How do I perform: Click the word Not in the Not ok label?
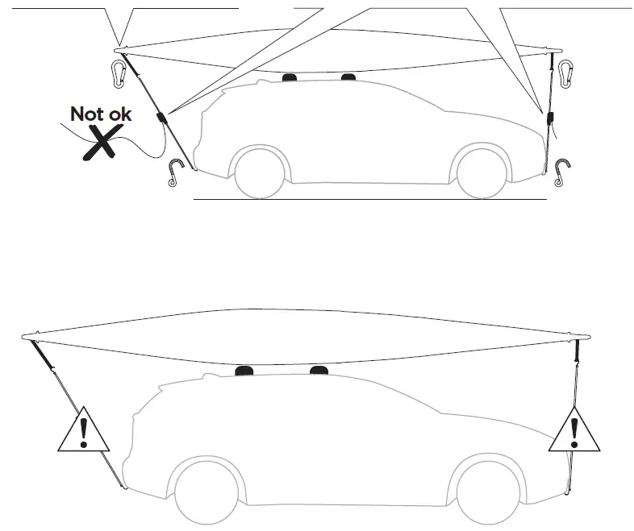(x=86, y=114)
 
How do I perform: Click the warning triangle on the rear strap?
(x=82, y=429)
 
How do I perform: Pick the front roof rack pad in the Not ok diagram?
(x=348, y=77)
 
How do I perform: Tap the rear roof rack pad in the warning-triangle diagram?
(x=244, y=371)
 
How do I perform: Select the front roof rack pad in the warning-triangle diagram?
(x=319, y=371)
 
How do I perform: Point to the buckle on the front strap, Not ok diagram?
(x=551, y=118)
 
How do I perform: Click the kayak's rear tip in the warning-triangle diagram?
(x=27, y=335)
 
